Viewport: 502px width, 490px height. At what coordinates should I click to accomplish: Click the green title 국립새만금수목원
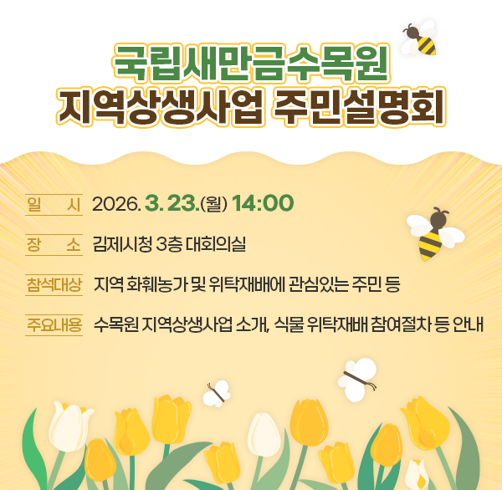point(250,60)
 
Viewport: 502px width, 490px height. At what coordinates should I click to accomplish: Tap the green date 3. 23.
point(170,204)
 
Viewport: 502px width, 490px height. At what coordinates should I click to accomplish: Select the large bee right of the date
point(433,233)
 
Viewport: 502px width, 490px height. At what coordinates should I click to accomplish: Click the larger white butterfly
point(357,380)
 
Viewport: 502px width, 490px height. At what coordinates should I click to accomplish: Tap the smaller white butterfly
point(218,393)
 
